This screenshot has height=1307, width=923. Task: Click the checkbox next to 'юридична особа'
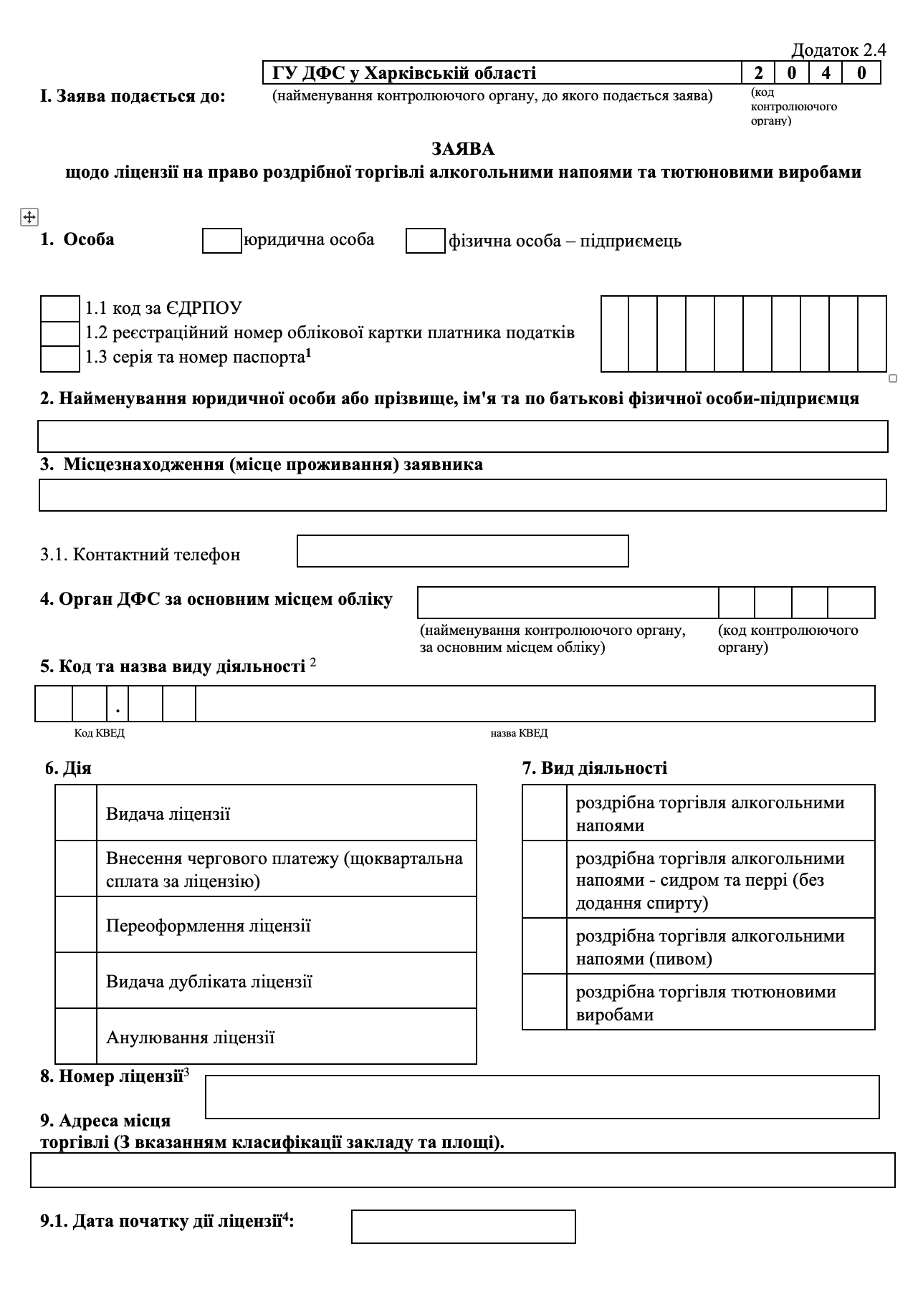click(x=222, y=241)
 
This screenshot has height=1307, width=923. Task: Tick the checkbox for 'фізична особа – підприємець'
click(x=426, y=241)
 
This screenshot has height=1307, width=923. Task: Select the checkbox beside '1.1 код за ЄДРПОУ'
click(x=59, y=309)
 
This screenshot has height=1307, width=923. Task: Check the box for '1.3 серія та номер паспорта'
click(x=59, y=358)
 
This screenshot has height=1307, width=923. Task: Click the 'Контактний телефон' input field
click(x=463, y=551)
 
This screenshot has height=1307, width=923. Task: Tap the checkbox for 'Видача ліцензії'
click(x=76, y=813)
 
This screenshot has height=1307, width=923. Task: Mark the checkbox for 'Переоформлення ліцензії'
click(x=76, y=924)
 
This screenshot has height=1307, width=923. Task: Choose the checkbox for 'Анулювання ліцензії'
click(x=76, y=1036)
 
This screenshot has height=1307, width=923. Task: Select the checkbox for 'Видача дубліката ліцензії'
click(x=76, y=980)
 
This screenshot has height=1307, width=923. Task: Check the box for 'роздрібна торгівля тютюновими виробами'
click(x=545, y=1002)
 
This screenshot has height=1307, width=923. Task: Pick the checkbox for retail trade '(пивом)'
click(x=545, y=946)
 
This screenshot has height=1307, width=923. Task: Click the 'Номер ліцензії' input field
click(x=542, y=1096)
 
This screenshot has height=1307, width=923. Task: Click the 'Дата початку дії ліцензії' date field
click(x=463, y=1227)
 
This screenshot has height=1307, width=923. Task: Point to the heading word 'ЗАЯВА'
click(x=463, y=149)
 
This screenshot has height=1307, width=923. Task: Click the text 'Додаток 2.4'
click(x=838, y=50)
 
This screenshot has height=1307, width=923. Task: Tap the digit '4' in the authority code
click(x=826, y=73)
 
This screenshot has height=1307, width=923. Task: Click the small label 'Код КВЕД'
click(x=100, y=733)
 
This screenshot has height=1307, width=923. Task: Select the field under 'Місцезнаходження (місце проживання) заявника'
click(x=463, y=495)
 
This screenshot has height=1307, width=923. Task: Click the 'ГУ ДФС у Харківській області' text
click(x=404, y=73)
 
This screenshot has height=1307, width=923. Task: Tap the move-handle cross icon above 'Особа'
click(x=29, y=217)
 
